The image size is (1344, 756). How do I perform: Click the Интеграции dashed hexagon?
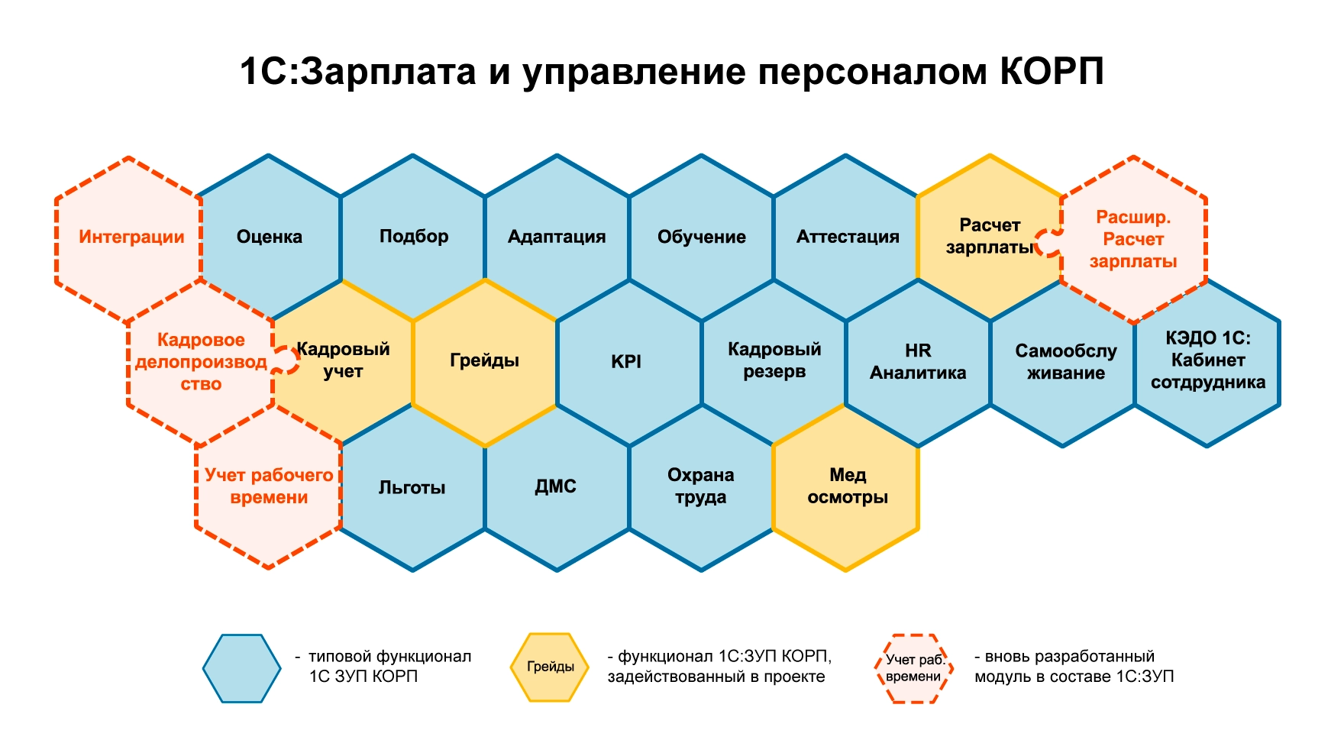point(129,238)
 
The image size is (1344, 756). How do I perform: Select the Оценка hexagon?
point(269,237)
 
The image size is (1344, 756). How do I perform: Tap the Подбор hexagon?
point(413,237)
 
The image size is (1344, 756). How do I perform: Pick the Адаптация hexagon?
point(557,237)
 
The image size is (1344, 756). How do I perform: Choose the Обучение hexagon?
point(702,237)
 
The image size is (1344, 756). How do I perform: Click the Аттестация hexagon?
point(846,237)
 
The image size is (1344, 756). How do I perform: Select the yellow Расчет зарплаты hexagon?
point(990,237)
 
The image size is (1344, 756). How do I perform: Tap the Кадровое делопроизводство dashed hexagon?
point(201,362)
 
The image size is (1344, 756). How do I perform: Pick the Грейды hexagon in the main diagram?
point(485,362)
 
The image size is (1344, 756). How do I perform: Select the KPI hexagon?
point(629,362)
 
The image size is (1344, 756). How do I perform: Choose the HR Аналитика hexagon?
point(918,362)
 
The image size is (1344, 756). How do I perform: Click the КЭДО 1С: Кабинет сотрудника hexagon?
point(1207,362)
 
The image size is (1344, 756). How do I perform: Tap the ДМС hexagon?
point(557,487)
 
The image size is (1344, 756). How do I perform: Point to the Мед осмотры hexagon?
point(846,487)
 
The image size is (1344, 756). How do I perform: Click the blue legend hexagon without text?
point(242,668)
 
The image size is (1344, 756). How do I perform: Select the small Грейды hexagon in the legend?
point(550,667)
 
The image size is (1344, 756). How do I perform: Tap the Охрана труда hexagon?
point(702,487)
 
